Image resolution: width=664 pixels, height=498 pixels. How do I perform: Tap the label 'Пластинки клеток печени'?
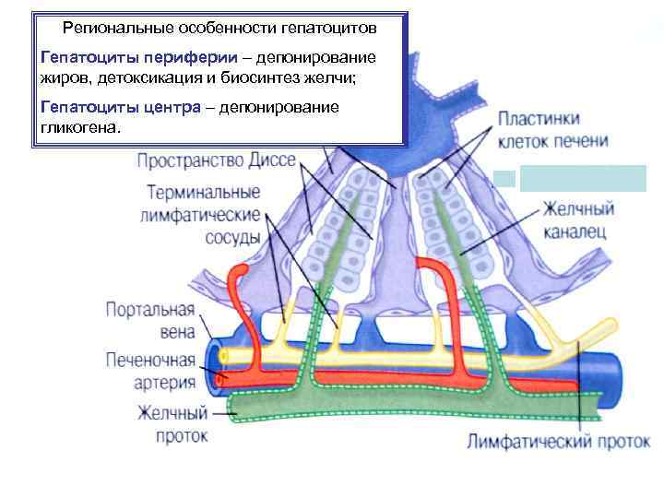point(552,131)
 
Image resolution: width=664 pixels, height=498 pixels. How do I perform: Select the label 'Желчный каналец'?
point(577,220)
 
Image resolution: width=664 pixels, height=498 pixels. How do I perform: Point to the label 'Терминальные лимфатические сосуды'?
point(203,215)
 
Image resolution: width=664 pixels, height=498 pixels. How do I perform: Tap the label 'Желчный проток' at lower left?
point(172,423)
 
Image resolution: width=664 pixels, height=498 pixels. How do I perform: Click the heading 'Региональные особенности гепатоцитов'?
point(219,28)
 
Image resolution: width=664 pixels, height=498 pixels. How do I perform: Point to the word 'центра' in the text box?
point(172,108)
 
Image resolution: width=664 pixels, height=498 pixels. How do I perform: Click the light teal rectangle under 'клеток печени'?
point(583,177)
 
